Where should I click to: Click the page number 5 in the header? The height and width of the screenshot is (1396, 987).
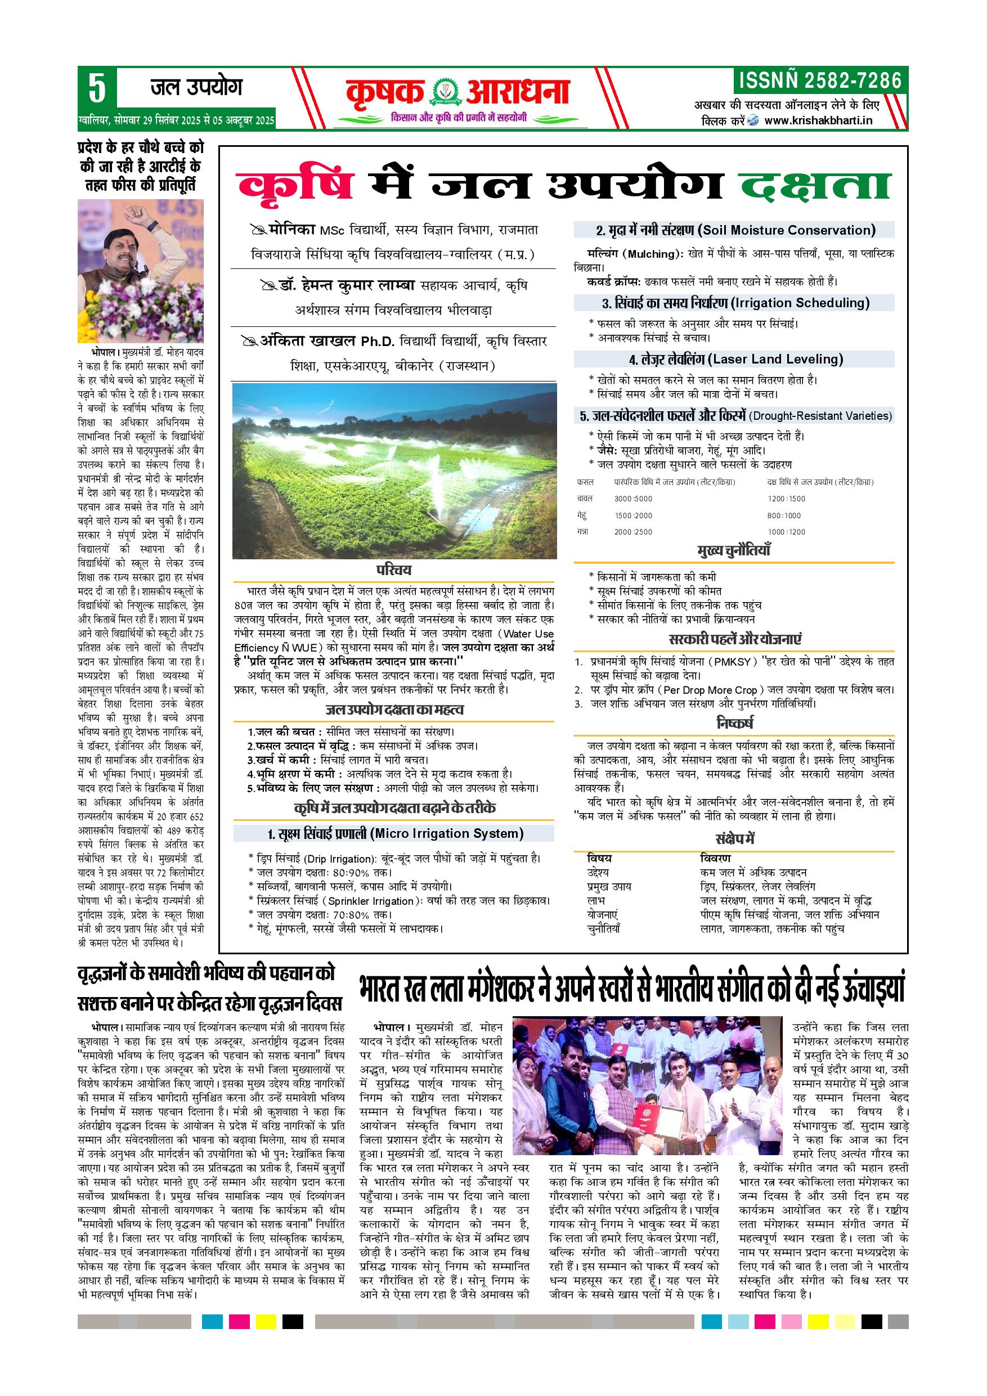[x=97, y=89]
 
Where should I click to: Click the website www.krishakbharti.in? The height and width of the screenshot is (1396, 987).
[x=818, y=120]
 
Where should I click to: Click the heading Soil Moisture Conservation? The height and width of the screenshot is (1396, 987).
[x=789, y=231]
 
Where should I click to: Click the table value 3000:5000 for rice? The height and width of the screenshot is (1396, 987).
[x=633, y=499]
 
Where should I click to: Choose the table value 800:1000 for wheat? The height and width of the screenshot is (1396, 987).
[x=784, y=515]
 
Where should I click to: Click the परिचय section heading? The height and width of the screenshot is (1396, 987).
[x=393, y=569]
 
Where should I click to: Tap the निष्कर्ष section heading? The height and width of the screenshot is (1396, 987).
[x=734, y=724]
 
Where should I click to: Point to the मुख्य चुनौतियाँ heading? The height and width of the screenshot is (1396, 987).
[x=733, y=551]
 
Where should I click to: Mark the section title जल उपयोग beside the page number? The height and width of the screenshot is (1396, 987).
[x=196, y=88]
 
